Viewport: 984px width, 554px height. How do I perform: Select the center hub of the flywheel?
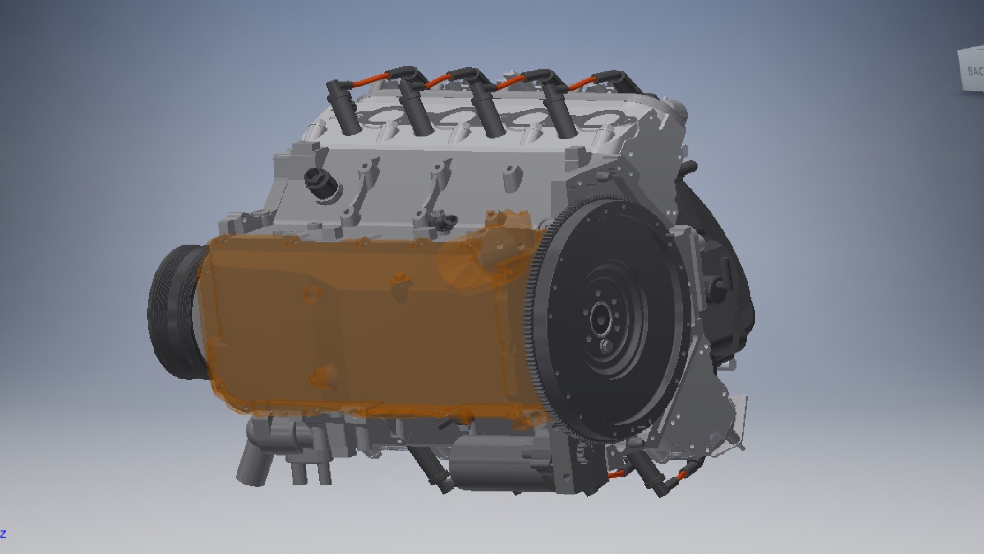tap(600, 318)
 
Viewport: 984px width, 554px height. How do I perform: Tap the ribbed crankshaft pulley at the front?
tap(172, 313)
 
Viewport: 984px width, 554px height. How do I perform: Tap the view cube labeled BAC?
tap(972, 71)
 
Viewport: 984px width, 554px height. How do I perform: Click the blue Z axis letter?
tap(3, 534)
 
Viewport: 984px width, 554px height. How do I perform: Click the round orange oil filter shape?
tap(461, 262)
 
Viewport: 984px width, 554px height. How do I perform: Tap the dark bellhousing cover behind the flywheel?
tap(728, 287)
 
